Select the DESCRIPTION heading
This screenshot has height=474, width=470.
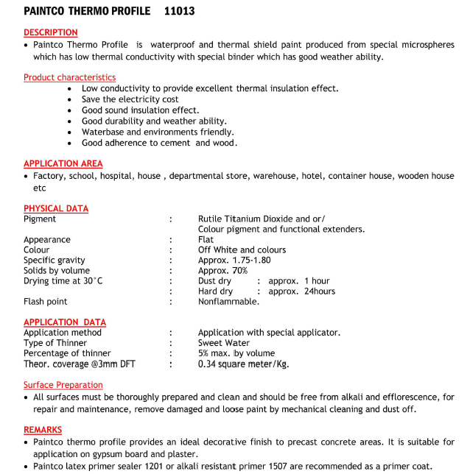pyautogui.click(x=50, y=32)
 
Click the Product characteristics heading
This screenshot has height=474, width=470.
pyautogui.click(x=69, y=77)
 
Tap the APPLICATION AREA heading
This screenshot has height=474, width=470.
pyautogui.click(x=63, y=163)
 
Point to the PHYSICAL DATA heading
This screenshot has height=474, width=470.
pyautogui.click(x=55, y=208)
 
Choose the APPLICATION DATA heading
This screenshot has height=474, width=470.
pyautogui.click(x=64, y=322)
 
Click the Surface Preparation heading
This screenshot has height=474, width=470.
pyautogui.click(x=63, y=385)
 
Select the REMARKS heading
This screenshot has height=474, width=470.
pyautogui.click(x=43, y=430)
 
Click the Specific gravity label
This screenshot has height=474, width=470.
pyautogui.click(x=54, y=260)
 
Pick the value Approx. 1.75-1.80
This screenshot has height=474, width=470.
pyautogui.click(x=234, y=260)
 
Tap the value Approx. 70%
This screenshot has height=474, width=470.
pyautogui.click(x=222, y=270)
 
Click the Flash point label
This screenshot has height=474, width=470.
pyautogui.click(x=45, y=301)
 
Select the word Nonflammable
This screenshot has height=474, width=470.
pyautogui.click(x=228, y=301)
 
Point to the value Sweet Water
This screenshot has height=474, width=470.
pyautogui.click(x=223, y=343)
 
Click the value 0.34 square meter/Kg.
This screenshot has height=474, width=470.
pyautogui.click(x=243, y=364)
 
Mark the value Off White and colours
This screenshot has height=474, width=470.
pyautogui.click(x=242, y=250)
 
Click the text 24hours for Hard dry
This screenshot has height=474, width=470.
pyautogui.click(x=319, y=291)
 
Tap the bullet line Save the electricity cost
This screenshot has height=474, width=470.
pyautogui.click(x=130, y=99)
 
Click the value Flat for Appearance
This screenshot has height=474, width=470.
pyautogui.click(x=206, y=239)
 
